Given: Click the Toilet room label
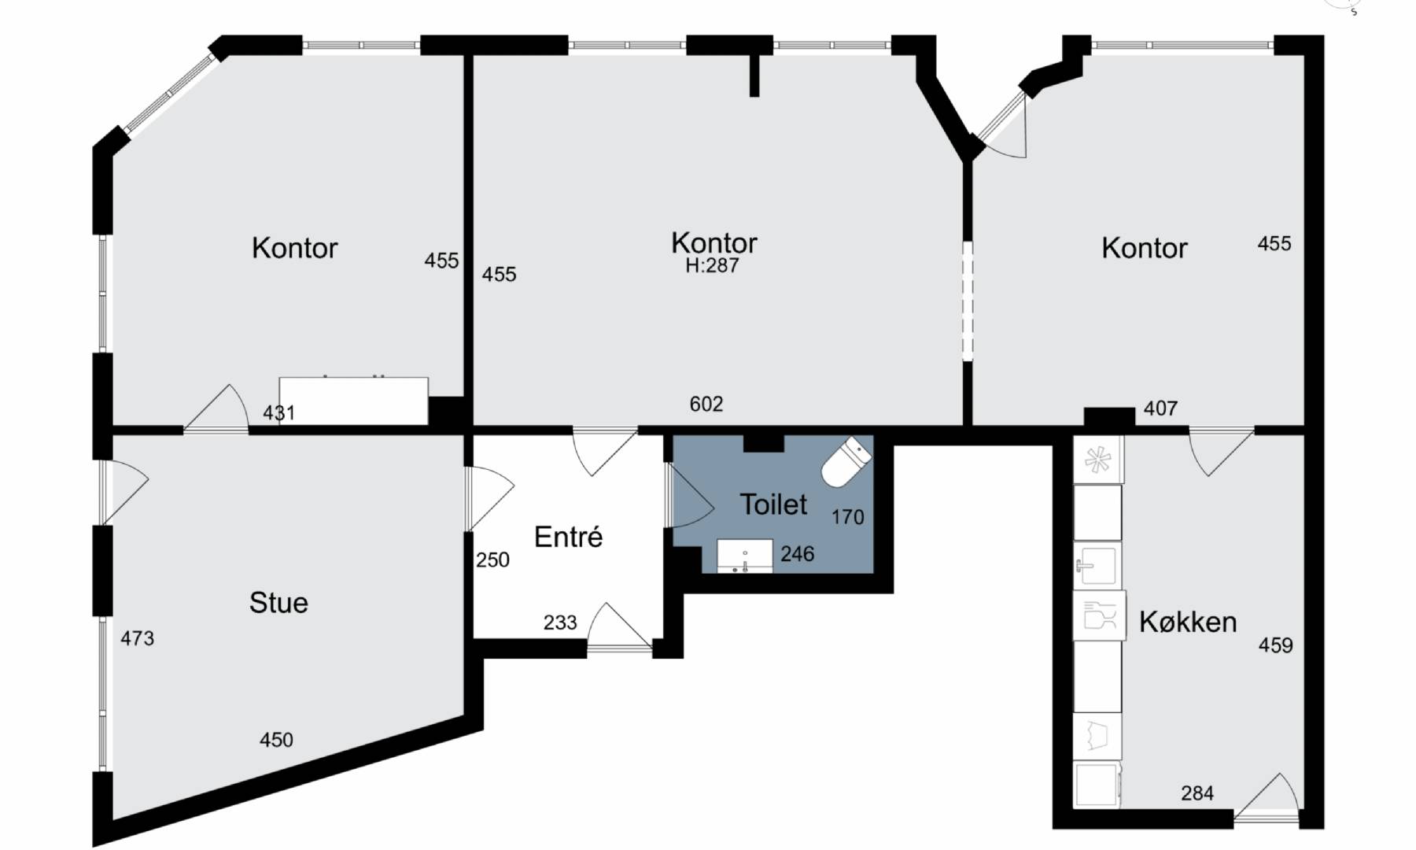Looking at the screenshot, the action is point(774,504).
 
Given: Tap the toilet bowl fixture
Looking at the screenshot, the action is point(846,463).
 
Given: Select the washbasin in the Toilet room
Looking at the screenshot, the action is point(745,556).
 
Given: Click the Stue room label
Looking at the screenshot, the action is point(278,603).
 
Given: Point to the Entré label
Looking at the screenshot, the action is point(568,537).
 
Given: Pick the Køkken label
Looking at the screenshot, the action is point(1188,622).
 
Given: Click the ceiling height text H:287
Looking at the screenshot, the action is point(713,266).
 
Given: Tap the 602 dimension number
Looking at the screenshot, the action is point(706,404).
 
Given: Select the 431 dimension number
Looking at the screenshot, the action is point(278,412).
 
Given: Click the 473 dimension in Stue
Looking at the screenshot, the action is point(137,638).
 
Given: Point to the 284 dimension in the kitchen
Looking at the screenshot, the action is point(1197,793).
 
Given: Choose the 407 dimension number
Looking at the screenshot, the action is point(1161,408).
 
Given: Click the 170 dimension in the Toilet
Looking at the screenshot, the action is point(847,517).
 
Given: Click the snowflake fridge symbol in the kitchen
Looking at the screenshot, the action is point(1097,460).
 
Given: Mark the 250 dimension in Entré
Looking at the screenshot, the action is point(492,560).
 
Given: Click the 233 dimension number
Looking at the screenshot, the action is point(560,623).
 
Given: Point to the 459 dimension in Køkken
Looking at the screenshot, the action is point(1275,645).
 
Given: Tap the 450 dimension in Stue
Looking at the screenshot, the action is point(276,740).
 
